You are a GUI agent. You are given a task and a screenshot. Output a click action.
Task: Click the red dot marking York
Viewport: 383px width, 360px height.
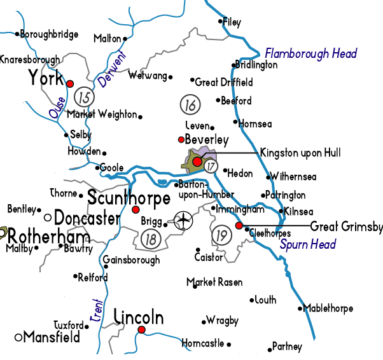[70, 83]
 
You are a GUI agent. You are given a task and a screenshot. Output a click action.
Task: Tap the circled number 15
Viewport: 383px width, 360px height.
[83, 97]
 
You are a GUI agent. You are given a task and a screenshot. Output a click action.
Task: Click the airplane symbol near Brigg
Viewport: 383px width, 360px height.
[183, 221]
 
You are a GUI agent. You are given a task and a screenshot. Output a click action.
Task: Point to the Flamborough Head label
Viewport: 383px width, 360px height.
[310, 53]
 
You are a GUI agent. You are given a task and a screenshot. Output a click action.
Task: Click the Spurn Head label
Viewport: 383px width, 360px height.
[307, 244]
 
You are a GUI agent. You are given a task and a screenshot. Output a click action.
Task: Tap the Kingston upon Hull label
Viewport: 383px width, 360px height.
[300, 153]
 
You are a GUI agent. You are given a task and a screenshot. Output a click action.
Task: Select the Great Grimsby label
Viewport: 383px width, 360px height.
[346, 226]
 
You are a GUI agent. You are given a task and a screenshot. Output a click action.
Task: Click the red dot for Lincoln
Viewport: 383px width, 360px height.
[141, 329]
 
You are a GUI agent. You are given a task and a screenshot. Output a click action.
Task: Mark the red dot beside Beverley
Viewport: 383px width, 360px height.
[181, 139]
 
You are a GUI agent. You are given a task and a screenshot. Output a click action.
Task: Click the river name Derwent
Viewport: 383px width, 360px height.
[113, 71]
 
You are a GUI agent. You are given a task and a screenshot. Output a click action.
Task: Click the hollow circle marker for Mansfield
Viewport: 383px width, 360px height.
[18, 337]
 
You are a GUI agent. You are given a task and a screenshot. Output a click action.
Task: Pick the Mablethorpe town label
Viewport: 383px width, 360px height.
[328, 309]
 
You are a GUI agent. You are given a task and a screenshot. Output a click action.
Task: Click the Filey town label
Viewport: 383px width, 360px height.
[232, 22]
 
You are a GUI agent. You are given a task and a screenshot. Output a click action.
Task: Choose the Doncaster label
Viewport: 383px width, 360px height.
[87, 219]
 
